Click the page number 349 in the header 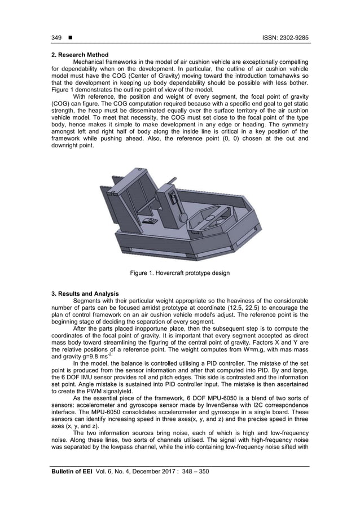(56, 38)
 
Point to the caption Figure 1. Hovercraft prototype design (179, 273)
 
